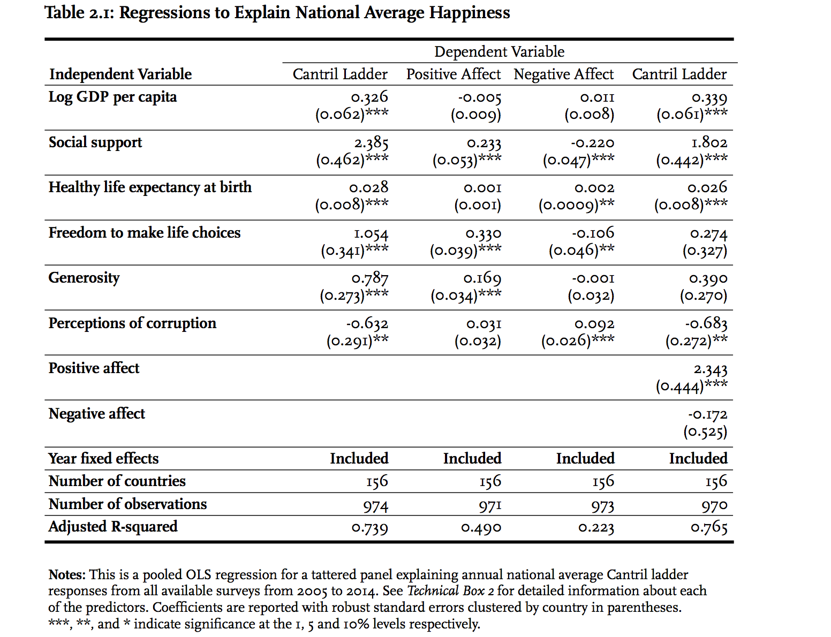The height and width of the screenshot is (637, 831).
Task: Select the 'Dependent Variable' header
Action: (x=499, y=51)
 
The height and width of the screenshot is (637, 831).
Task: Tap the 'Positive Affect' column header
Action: (x=453, y=74)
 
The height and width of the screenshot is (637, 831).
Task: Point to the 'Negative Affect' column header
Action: (x=563, y=74)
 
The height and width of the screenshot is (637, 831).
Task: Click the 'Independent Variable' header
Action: (x=120, y=74)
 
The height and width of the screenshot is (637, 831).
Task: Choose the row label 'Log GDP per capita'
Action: (x=112, y=97)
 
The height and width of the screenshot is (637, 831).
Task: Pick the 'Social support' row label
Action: (x=95, y=142)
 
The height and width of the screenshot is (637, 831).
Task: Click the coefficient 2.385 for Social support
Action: (x=371, y=143)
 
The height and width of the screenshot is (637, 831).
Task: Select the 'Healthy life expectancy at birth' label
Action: (x=150, y=187)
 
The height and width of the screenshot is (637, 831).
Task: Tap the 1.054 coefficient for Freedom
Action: (x=371, y=233)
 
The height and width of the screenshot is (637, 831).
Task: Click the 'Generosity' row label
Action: (x=84, y=278)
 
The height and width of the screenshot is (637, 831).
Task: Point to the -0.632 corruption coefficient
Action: (x=367, y=324)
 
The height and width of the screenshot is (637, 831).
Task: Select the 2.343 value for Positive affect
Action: (x=711, y=369)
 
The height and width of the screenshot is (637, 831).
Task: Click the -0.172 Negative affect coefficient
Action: (x=707, y=415)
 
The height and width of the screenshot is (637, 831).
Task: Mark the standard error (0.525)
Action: (x=705, y=432)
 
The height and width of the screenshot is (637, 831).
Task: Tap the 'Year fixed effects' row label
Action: (x=103, y=459)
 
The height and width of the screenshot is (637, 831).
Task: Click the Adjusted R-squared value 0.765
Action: (x=709, y=528)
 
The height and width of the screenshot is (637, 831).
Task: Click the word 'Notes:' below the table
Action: (x=67, y=575)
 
